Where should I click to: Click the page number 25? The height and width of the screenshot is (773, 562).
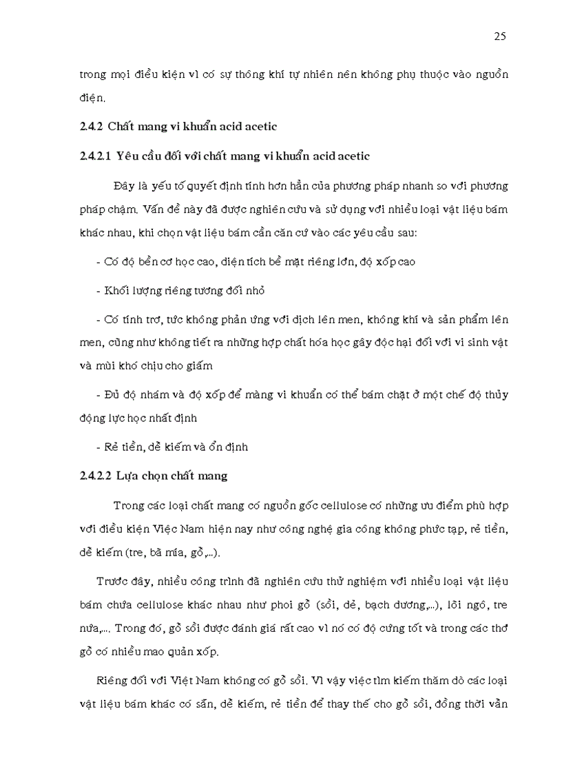[500, 37]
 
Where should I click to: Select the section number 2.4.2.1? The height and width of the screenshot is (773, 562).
[96, 156]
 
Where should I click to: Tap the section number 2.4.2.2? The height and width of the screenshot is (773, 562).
[96, 476]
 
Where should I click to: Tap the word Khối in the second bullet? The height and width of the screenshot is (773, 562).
[114, 291]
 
